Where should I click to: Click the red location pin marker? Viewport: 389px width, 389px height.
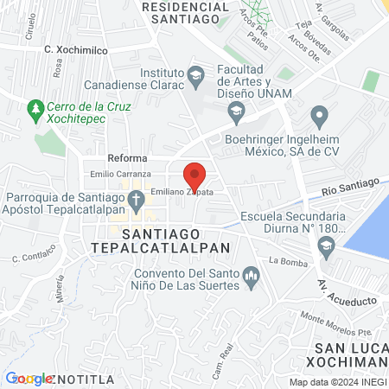click(x=195, y=175)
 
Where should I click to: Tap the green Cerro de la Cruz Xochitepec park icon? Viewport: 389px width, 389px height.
click(x=35, y=110)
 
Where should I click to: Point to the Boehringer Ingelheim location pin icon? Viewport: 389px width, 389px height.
click(x=319, y=114)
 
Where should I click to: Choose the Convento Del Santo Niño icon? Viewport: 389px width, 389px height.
click(x=252, y=277)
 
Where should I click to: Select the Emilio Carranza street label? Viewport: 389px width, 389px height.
click(x=121, y=175)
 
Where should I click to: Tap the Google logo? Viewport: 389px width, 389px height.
click(x=29, y=379)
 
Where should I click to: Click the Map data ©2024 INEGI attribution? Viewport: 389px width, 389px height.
click(x=338, y=382)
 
